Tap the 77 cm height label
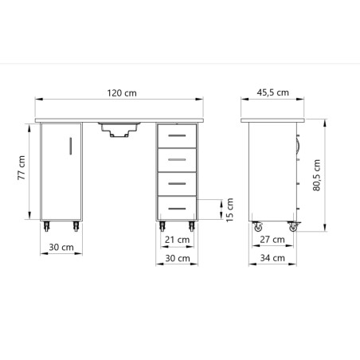click(x=22, y=168)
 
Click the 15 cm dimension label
click(x=230, y=210)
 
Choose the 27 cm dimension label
click(x=273, y=240)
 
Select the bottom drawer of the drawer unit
click(x=176, y=207)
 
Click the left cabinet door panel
click(x=61, y=171)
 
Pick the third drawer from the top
click(x=176, y=183)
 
